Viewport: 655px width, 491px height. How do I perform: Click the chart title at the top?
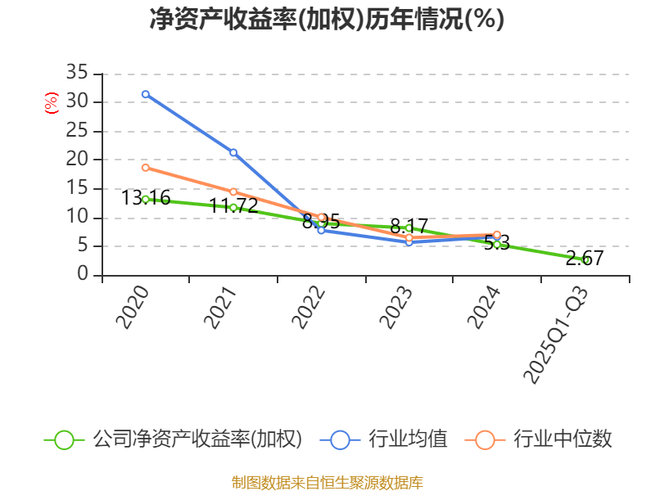(327, 20)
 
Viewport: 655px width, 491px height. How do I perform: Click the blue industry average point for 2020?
(146, 94)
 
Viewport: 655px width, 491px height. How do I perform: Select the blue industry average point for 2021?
(233, 152)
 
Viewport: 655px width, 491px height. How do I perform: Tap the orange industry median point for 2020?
(146, 168)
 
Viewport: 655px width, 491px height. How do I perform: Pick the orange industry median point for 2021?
(233, 192)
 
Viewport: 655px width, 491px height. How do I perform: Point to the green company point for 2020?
(146, 199)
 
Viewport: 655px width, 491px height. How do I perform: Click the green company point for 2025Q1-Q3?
(585, 259)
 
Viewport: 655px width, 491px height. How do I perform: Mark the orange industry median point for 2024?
(497, 235)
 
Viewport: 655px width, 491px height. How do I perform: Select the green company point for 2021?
(233, 207)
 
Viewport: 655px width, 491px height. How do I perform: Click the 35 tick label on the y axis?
(77, 74)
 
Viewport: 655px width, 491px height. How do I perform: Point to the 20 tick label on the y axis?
(77, 160)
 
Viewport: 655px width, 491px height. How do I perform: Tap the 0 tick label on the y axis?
(83, 275)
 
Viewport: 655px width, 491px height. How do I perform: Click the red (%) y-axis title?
(52, 103)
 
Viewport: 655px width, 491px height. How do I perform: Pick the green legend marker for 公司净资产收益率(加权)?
(64, 439)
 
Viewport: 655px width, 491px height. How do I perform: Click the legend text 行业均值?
(408, 439)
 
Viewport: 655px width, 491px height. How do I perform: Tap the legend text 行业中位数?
(562, 439)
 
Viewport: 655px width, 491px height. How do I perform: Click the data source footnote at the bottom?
(327, 482)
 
